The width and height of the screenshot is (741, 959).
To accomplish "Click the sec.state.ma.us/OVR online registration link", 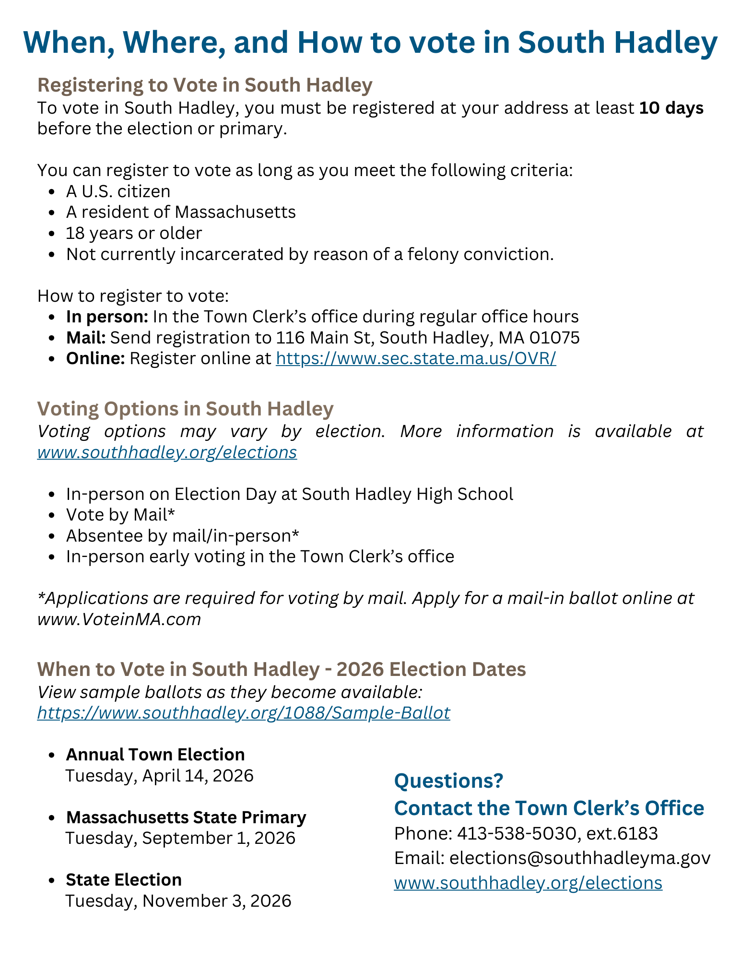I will [416, 358].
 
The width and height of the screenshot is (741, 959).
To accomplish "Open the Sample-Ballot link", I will [244, 713].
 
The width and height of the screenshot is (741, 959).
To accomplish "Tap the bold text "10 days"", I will [671, 108].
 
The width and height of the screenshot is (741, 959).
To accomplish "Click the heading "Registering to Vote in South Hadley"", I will [205, 85].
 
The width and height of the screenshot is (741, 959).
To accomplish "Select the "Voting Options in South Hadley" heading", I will [185, 409].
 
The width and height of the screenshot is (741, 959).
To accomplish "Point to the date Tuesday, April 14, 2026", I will [159, 776].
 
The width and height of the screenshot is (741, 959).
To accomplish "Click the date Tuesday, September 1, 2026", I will [180, 838].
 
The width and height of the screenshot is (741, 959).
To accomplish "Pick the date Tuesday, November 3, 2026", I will [178, 900].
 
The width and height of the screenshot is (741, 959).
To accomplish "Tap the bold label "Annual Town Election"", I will [155, 755].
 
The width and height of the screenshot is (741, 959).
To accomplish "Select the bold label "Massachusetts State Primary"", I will [186, 817].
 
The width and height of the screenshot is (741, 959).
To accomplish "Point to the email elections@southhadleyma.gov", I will [579, 858].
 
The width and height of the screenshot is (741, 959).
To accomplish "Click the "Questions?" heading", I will [448, 781].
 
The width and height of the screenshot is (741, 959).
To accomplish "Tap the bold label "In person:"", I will [107, 317].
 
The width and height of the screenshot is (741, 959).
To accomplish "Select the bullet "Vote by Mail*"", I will [120, 515].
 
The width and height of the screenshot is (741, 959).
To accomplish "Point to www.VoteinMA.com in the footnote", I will [119, 619].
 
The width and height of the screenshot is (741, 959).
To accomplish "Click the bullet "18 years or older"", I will [134, 233].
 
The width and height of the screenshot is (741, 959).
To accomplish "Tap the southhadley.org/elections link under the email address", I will [528, 883].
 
